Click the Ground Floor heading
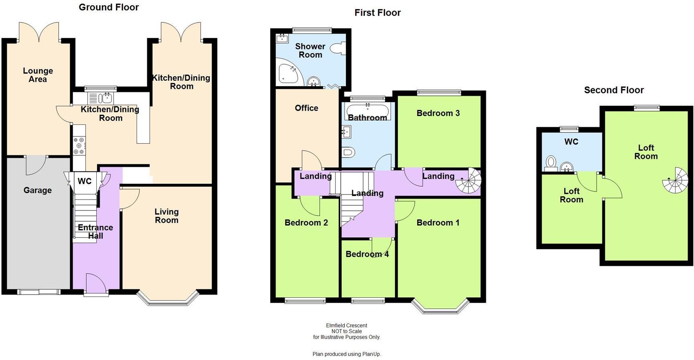(108, 7)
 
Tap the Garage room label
(37, 190)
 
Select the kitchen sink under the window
(107, 98)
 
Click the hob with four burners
(79, 146)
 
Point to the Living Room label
(167, 216)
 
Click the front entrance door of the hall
(96, 284)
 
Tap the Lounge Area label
(38, 75)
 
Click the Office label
(306, 108)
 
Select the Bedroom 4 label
(367, 254)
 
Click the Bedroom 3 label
(438, 113)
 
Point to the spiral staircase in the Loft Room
(676, 181)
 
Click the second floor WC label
(571, 142)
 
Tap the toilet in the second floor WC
(551, 163)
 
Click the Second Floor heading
(613, 90)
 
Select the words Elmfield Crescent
(346, 325)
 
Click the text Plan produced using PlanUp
(346, 354)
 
